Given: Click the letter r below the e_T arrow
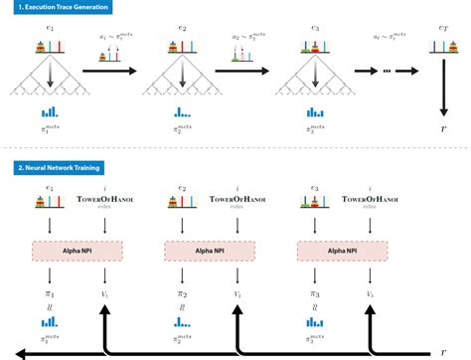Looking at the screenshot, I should coord(443,129).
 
